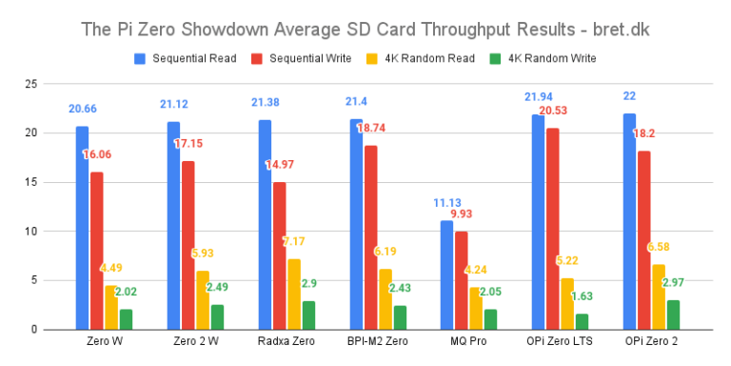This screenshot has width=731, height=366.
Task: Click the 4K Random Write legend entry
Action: tap(543, 59)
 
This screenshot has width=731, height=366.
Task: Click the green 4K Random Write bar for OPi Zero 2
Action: tap(674, 315)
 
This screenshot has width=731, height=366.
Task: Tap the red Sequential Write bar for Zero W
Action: tap(96, 251)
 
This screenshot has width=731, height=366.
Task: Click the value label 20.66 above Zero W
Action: tap(83, 109)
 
